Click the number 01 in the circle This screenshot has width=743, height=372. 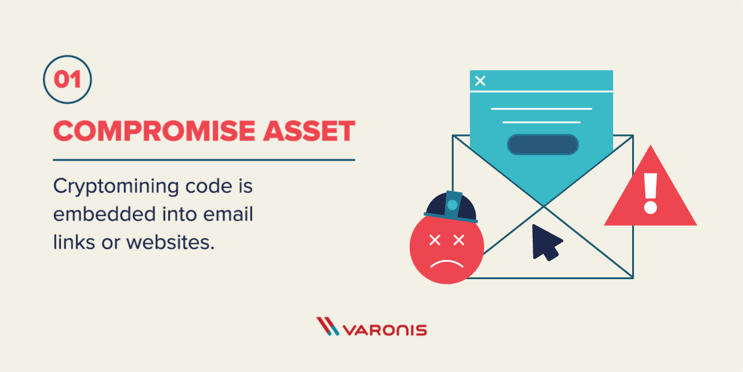[x=67, y=80]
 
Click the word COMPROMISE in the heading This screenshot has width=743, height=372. [x=154, y=131]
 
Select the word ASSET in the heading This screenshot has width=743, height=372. [x=309, y=131]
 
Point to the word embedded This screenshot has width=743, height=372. [x=104, y=214]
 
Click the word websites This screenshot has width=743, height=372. [x=171, y=242]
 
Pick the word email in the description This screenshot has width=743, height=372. [x=228, y=214]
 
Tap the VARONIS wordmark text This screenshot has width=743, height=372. [x=385, y=330]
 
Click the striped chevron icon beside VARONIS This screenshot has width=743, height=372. [x=327, y=326]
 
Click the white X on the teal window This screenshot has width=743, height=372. [x=480, y=80]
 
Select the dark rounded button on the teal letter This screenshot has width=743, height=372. [x=543, y=144]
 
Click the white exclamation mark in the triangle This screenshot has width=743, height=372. [x=651, y=193]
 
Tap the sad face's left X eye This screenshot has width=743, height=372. [x=435, y=240]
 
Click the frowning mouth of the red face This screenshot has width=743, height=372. [x=446, y=264]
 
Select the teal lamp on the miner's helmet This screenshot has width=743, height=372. [x=452, y=205]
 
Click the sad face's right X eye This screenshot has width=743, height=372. [x=459, y=240]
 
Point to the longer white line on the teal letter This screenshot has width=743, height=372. [x=541, y=109]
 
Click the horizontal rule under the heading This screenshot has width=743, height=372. [x=204, y=160]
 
